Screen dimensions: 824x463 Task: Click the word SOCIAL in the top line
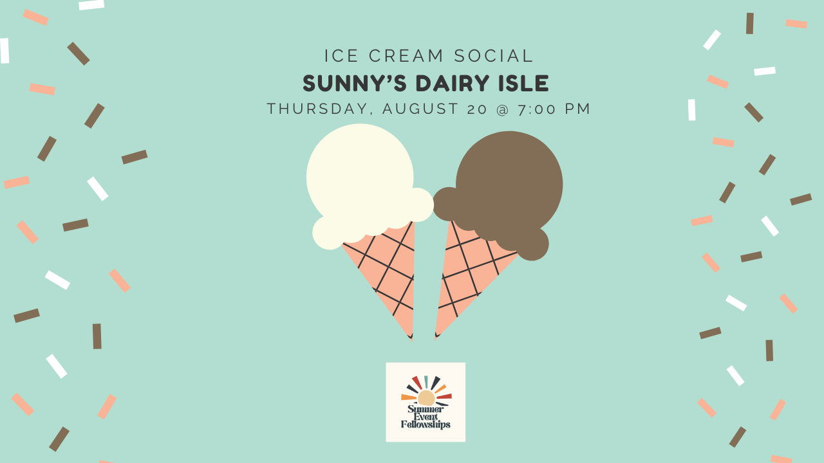tap(493, 56)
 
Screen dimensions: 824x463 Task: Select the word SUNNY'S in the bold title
tap(354, 83)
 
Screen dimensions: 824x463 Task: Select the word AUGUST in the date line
tap(420, 109)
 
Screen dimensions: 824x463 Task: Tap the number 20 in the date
tap(478, 109)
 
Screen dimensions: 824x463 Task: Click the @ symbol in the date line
tap(503, 109)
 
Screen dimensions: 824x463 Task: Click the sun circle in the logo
tap(426, 397)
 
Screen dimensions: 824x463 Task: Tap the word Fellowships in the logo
tap(426, 424)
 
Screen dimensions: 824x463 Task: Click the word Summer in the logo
tap(426, 409)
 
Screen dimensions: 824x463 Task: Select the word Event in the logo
tap(426, 417)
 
